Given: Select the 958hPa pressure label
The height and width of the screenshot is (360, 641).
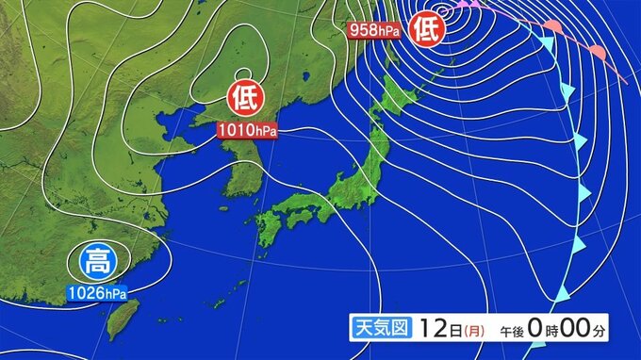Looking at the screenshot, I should tap(374, 30).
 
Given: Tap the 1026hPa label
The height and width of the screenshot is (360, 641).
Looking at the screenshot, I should tap(97, 293).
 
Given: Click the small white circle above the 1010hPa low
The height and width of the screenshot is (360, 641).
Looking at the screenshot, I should tap(242, 75).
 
